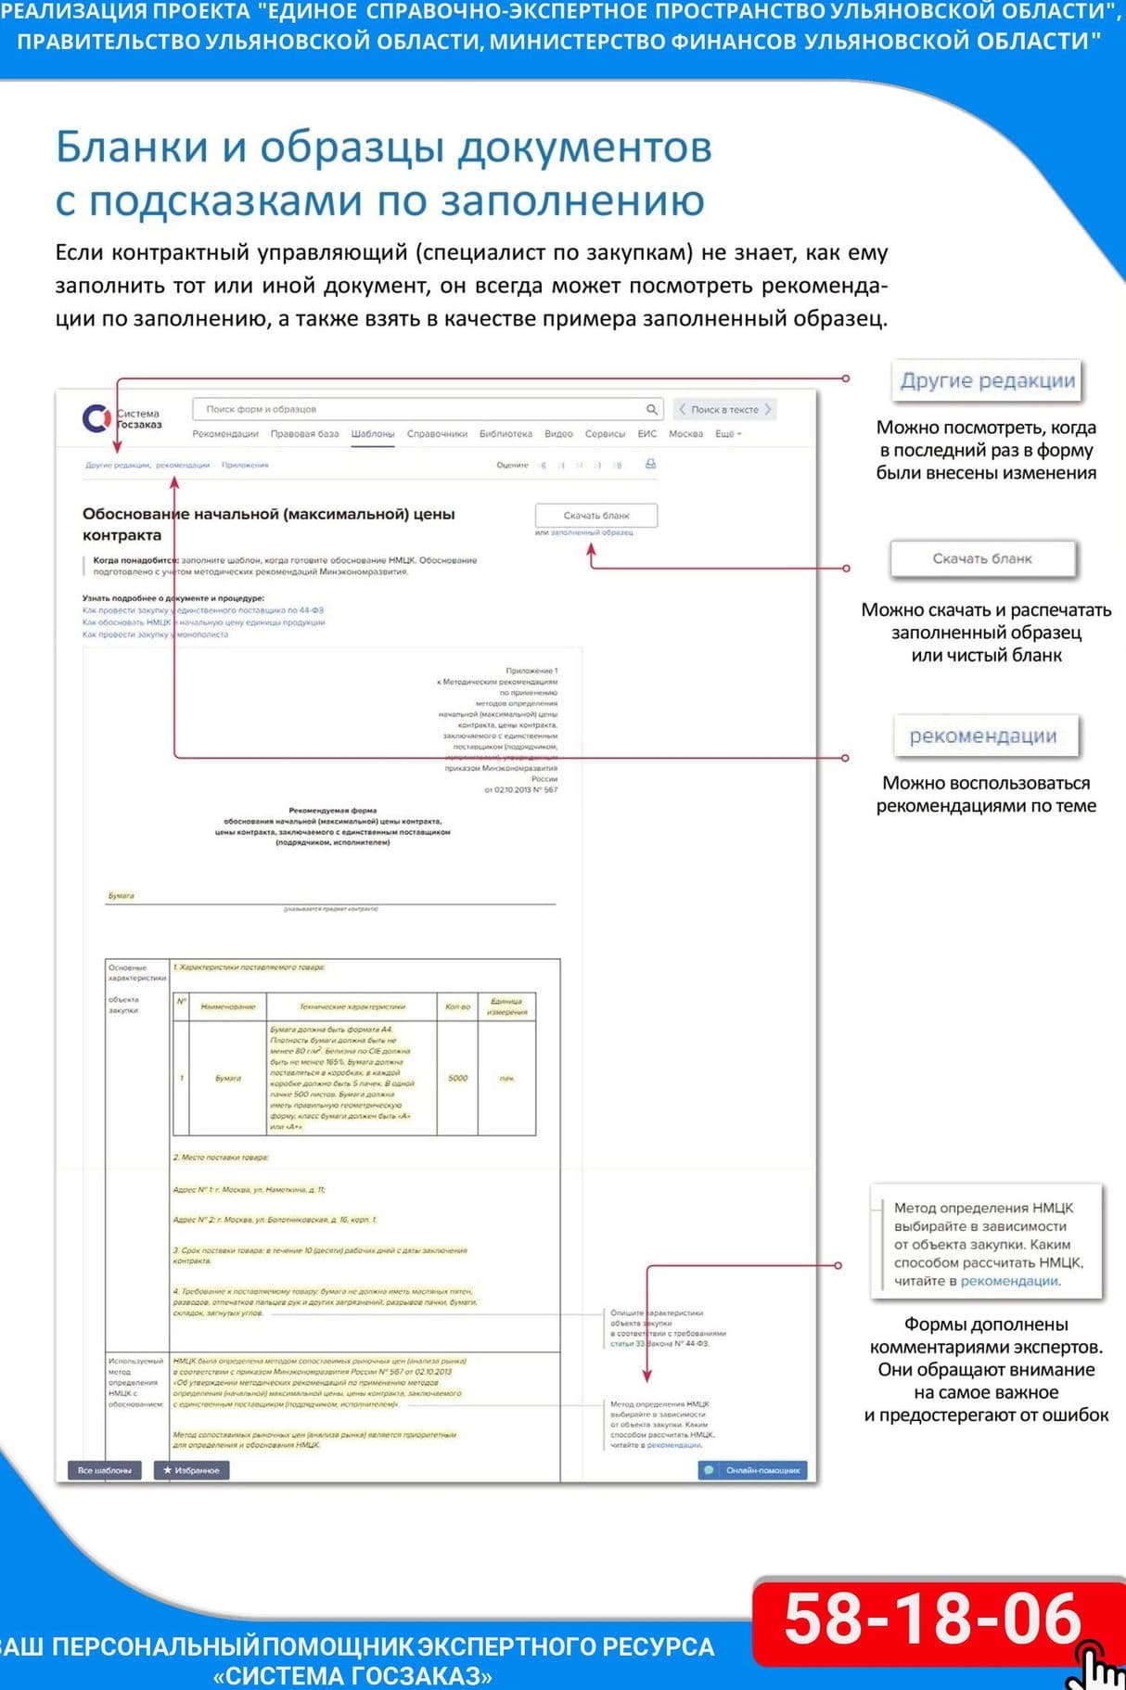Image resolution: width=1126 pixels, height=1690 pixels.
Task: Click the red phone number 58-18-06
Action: tap(932, 1620)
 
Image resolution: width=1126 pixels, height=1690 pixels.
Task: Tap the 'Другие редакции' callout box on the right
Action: tap(987, 380)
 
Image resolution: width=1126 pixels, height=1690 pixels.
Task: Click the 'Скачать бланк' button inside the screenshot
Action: tap(595, 516)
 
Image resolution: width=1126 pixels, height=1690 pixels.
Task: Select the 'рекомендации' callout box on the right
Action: tap(982, 736)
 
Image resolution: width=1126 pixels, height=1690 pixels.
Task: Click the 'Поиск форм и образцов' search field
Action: tap(417, 409)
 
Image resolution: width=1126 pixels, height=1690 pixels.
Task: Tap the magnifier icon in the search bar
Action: tap(652, 409)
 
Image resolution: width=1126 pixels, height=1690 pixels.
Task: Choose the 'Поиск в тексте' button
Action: tap(724, 409)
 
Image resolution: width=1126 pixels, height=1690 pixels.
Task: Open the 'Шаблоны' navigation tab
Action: tap(372, 434)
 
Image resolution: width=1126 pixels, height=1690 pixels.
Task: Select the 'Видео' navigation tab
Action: tap(558, 434)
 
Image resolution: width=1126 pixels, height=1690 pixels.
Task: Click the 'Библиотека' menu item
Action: tap(505, 434)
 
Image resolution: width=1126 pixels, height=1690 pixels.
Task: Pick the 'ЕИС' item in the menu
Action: tap(646, 434)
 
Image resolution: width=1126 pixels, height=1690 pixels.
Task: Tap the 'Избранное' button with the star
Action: tap(191, 1470)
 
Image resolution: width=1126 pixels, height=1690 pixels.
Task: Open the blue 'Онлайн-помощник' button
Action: tap(753, 1470)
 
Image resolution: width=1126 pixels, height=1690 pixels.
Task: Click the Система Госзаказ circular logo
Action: tap(96, 418)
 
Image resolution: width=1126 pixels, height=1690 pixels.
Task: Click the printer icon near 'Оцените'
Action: tap(650, 464)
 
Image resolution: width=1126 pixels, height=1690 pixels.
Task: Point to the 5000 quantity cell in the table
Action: tap(457, 1078)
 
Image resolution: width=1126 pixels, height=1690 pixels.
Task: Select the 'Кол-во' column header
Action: tap(457, 1006)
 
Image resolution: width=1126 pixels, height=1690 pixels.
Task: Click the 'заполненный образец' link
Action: tap(592, 532)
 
